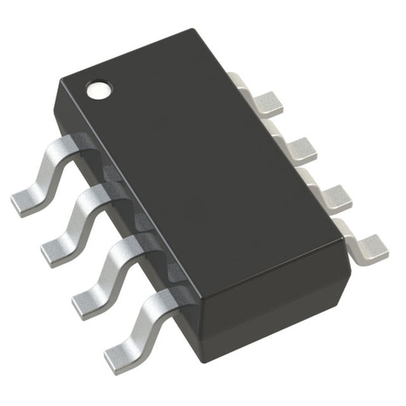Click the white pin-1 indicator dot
(98, 90)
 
